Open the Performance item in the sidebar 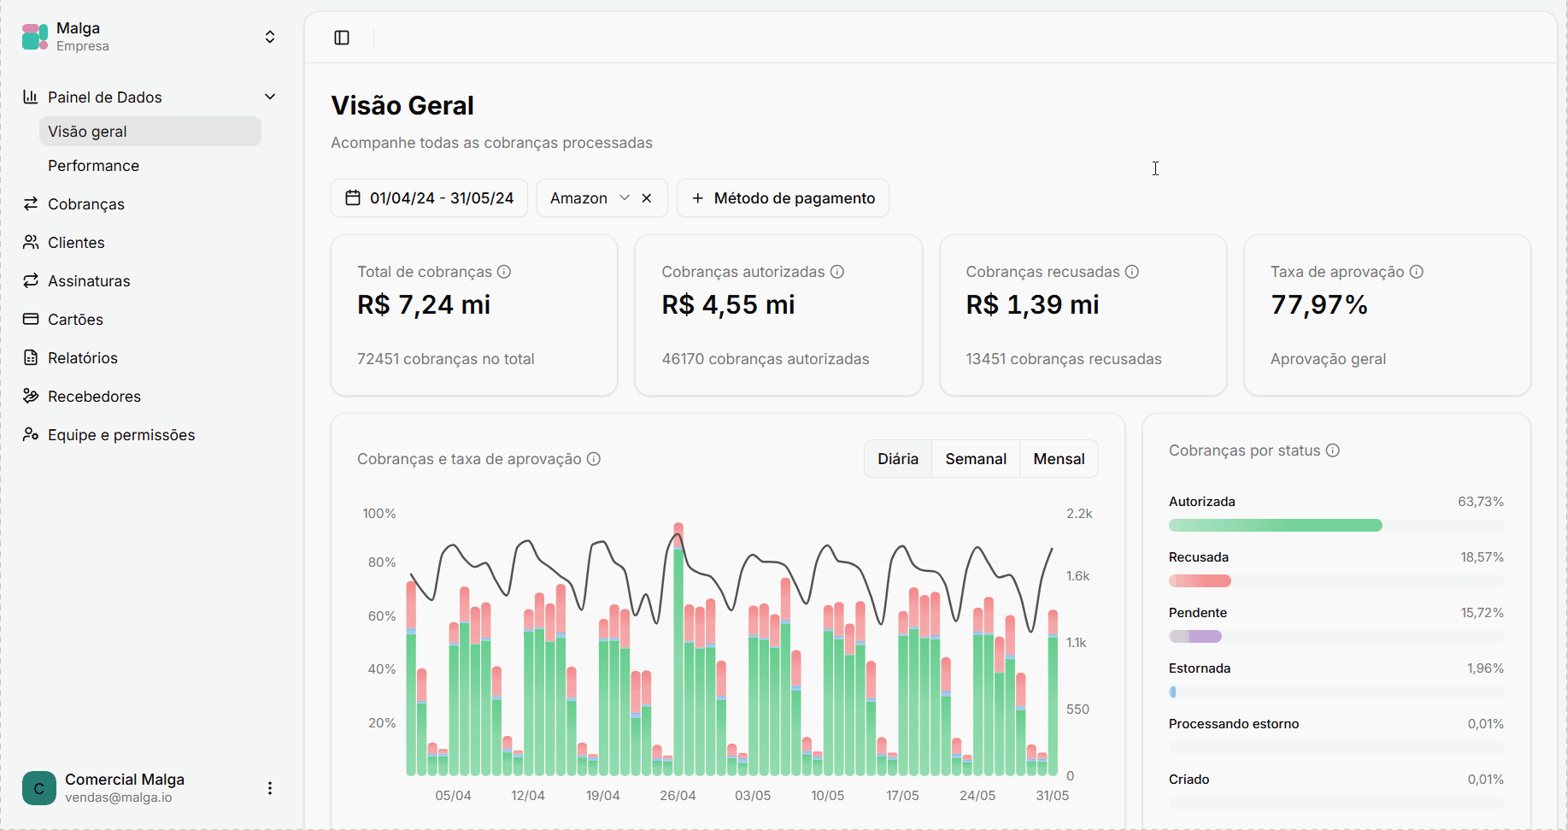tap(93, 166)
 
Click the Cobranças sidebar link tap(85, 204)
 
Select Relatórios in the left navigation tap(82, 358)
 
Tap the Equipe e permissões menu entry tap(121, 435)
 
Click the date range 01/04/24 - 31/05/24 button tap(429, 198)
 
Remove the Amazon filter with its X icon tap(647, 198)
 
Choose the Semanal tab tap(976, 459)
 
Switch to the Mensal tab tap(1059, 459)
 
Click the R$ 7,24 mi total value tap(424, 305)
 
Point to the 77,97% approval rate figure tap(1319, 305)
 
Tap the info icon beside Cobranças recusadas tap(1132, 272)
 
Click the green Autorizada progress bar tap(1275, 525)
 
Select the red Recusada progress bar tap(1200, 581)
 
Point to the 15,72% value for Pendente tap(1482, 613)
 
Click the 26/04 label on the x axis tap(678, 796)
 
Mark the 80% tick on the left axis tap(382, 562)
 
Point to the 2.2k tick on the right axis tap(1079, 514)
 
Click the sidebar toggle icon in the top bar tap(342, 38)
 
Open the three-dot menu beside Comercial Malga tap(270, 788)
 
